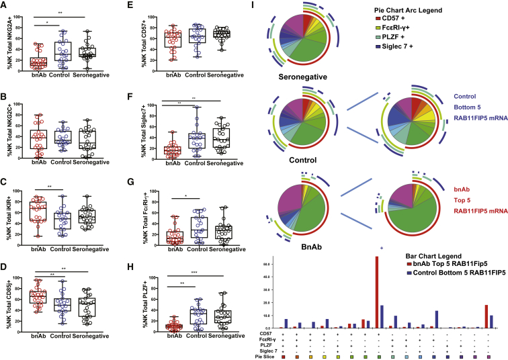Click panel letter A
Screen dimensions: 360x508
[5, 6]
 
